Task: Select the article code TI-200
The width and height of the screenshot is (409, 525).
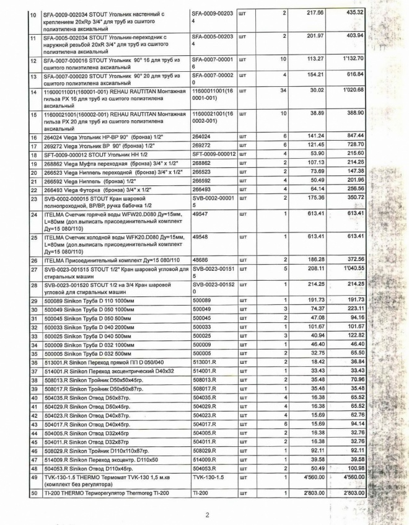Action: tap(200, 492)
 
